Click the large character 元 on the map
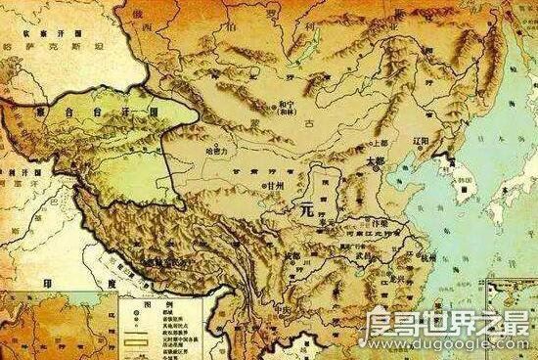(311, 209)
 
